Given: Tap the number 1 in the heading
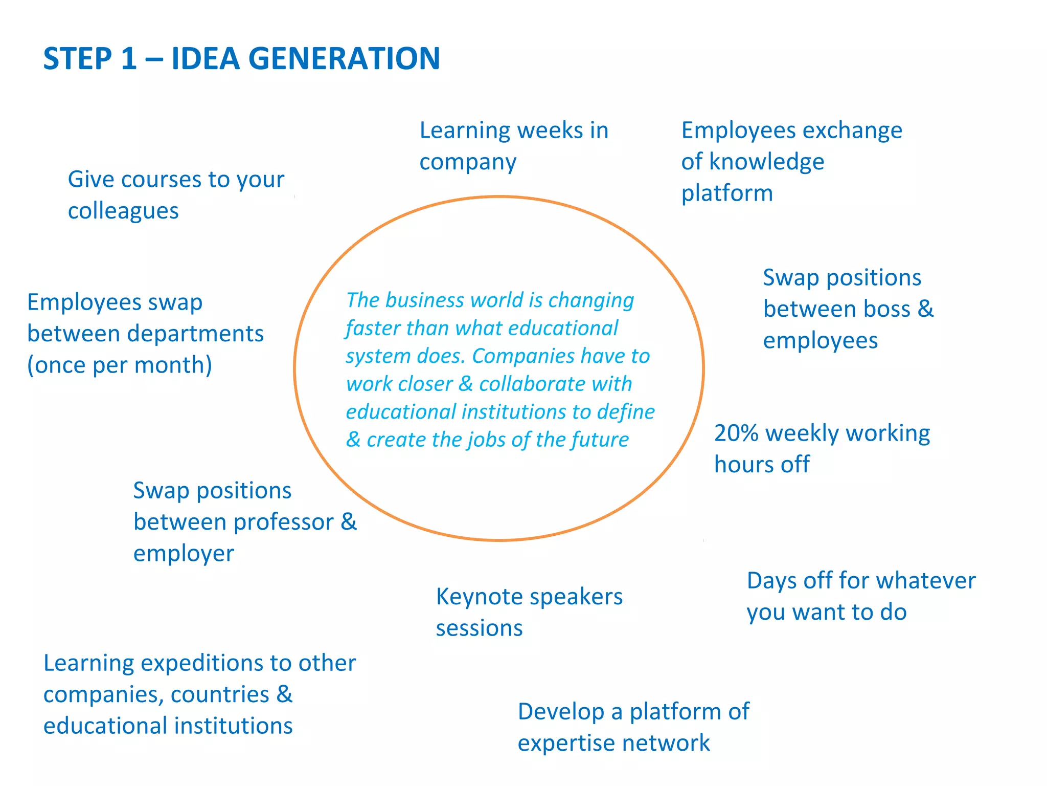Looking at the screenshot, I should click(128, 58).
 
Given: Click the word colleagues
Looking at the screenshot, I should click(123, 211).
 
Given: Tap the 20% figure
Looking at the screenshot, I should click(736, 433).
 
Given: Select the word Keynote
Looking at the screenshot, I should click(479, 597).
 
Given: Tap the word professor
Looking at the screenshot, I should click(283, 522).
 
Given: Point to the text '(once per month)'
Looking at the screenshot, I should click(120, 365).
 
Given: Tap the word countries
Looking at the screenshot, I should click(220, 695).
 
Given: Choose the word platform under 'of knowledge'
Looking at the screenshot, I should click(726, 193).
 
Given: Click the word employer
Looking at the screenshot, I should click(184, 554).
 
